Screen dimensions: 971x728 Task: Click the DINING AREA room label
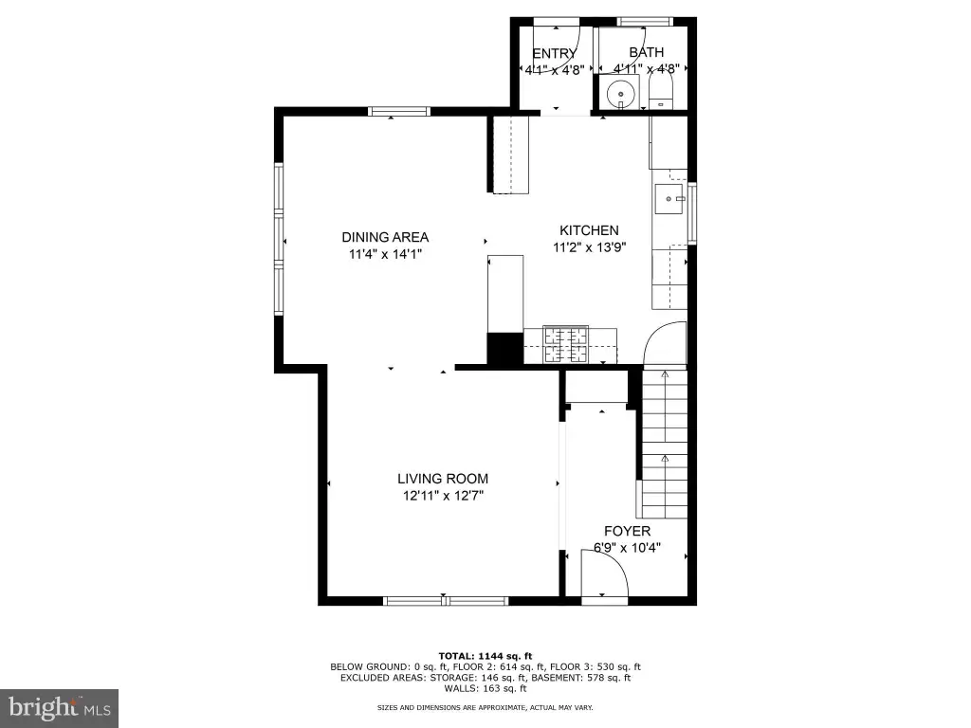385,237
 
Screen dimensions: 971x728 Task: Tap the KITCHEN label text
589,230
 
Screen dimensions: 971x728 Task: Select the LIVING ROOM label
443,479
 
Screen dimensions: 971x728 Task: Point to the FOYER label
628,531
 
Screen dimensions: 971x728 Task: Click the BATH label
647,53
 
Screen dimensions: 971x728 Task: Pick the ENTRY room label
554,54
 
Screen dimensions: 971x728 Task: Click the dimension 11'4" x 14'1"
385,254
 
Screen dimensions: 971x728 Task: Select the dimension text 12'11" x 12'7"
443,495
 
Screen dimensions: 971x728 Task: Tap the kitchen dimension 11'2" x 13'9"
590,247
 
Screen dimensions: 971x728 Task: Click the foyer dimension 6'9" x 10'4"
628,548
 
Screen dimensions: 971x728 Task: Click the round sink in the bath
620,94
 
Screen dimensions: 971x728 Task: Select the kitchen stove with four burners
565,345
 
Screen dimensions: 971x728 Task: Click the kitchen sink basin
669,199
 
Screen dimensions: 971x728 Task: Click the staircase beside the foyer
665,444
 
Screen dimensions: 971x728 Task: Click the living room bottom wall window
446,600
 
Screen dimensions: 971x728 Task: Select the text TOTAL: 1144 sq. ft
485,656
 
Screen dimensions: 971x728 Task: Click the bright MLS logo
60,708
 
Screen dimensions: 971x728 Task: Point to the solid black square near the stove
505,349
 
